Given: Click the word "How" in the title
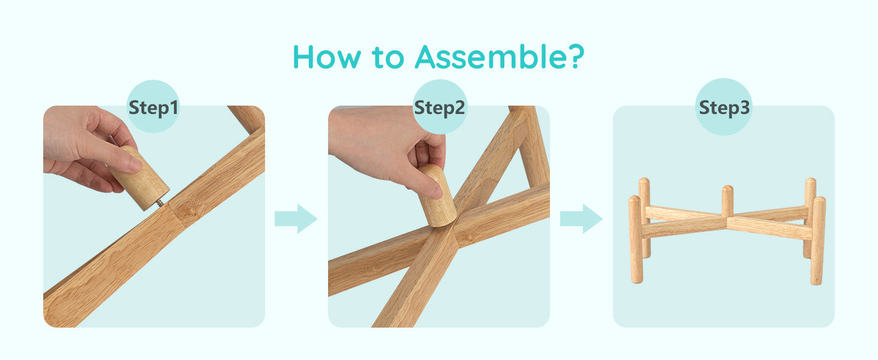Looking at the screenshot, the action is (326, 57).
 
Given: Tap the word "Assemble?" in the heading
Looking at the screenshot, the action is (500, 57).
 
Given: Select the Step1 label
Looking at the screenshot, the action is (154, 108).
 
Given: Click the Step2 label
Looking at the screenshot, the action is (440, 108).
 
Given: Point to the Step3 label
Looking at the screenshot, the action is (724, 108).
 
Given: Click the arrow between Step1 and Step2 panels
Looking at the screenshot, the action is (296, 218).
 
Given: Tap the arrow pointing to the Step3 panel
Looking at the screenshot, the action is (581, 218).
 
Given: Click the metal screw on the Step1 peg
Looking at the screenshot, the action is (161, 203).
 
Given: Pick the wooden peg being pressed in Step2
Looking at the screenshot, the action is (437, 196).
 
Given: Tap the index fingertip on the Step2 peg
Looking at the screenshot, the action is (435, 191).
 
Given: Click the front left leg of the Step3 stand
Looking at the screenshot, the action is (635, 239).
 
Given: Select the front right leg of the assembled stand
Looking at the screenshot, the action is (818, 241).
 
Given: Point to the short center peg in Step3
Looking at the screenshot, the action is (727, 200).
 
